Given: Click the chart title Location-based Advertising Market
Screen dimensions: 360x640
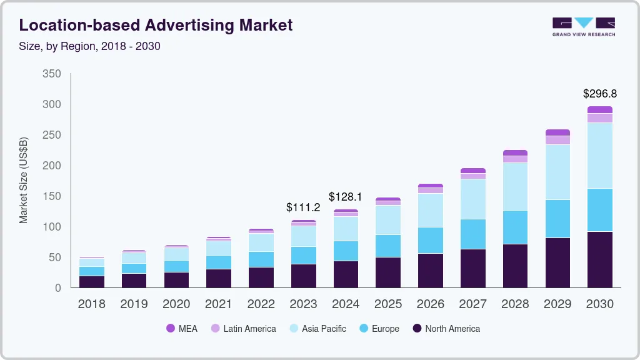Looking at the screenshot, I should click(x=156, y=25).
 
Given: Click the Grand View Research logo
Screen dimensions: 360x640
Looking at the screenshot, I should click(x=583, y=26).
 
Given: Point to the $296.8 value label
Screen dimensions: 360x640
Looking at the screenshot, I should click(x=599, y=94).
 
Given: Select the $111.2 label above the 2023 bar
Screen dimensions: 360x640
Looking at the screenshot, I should click(x=303, y=207).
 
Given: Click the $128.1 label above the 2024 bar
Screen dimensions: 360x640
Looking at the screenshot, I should click(x=346, y=197).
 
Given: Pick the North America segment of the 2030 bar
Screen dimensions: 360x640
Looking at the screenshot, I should click(x=599, y=259).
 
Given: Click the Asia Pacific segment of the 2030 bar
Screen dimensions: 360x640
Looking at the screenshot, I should click(x=599, y=156).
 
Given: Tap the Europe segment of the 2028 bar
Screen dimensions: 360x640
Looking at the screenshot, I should click(x=514, y=227).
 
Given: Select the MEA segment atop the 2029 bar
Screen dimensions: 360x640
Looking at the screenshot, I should click(x=557, y=132).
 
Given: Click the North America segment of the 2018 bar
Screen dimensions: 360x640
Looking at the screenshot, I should click(x=91, y=281).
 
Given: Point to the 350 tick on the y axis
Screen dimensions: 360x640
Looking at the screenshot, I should click(x=52, y=74).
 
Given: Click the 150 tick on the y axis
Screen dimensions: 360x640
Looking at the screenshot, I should click(x=52, y=196).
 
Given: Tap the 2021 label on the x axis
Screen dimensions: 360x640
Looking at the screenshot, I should click(x=218, y=304).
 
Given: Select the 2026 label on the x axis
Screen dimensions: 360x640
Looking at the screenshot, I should click(x=430, y=304).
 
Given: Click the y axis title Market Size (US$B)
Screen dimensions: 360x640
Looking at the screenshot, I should click(x=24, y=180).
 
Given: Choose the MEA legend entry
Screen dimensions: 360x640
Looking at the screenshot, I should click(x=182, y=328).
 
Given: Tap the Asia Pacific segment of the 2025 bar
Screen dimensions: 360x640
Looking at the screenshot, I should click(x=387, y=219).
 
